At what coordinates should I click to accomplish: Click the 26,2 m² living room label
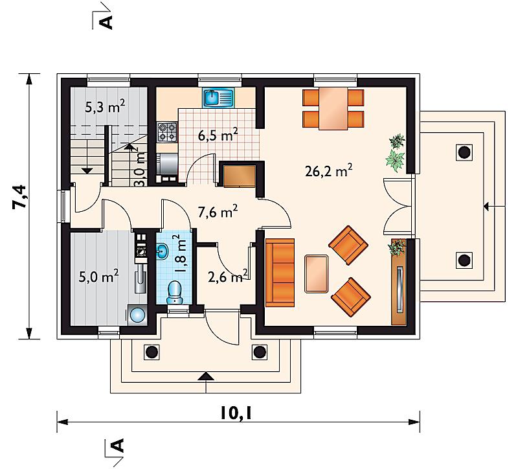[x=328, y=171]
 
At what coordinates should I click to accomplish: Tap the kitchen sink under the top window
[x=218, y=98]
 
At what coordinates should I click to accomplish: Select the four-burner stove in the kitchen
[x=167, y=132]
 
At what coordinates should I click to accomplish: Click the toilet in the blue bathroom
[x=174, y=293]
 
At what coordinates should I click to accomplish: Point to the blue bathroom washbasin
[x=163, y=252]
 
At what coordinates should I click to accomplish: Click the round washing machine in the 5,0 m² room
[x=137, y=315]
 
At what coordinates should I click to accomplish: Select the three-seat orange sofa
[x=280, y=273]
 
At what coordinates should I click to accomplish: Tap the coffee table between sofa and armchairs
[x=317, y=273]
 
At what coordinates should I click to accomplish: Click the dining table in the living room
[x=333, y=109]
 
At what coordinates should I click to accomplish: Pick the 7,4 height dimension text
[x=19, y=196]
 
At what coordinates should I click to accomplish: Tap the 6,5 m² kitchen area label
[x=218, y=135]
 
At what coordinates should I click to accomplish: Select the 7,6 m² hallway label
[x=218, y=212]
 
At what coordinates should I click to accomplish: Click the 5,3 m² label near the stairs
[x=105, y=107]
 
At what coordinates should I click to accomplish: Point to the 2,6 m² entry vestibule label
[x=228, y=277]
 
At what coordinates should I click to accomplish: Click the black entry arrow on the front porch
[x=206, y=377]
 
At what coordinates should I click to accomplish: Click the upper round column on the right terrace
[x=464, y=152]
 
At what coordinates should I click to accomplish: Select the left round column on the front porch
[x=152, y=352]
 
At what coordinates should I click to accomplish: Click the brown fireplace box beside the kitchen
[x=240, y=176]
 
